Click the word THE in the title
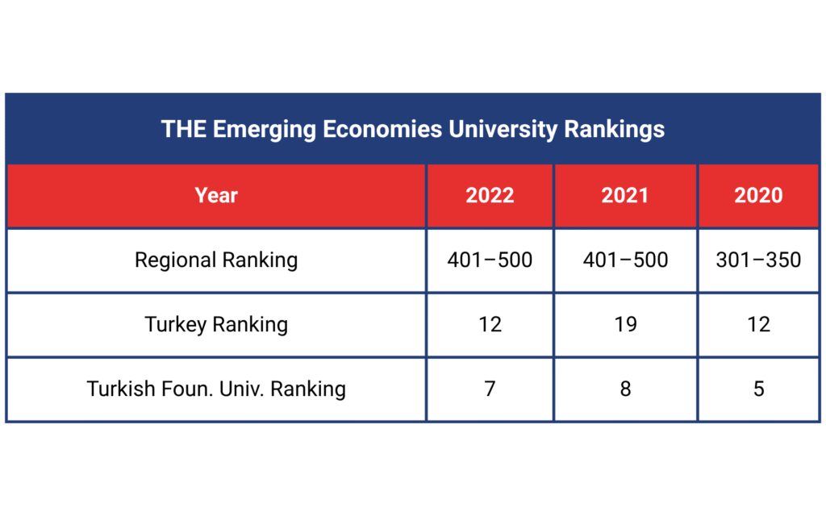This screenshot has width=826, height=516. tap(183, 129)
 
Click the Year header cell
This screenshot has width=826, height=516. tap(216, 195)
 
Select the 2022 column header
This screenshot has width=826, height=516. tap(490, 195)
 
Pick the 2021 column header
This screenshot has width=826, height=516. tap(624, 195)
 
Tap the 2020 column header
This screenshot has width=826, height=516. tap(758, 195)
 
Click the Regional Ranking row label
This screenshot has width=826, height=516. tap(216, 260)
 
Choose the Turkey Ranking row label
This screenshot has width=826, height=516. tap(216, 324)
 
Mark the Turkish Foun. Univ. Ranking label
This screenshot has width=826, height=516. tap(216, 389)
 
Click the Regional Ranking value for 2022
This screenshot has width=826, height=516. tap(490, 260)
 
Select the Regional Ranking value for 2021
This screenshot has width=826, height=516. tap(624, 260)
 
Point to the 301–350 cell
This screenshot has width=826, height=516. tap(758, 260)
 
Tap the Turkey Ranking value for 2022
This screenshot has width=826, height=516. tap(490, 324)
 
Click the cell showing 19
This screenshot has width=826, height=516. tap(624, 324)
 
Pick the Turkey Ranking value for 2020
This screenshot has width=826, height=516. tap(758, 324)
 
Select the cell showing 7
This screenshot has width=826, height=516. tap(490, 389)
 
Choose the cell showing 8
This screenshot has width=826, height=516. tap(624, 389)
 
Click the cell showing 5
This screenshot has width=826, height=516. tap(758, 389)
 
